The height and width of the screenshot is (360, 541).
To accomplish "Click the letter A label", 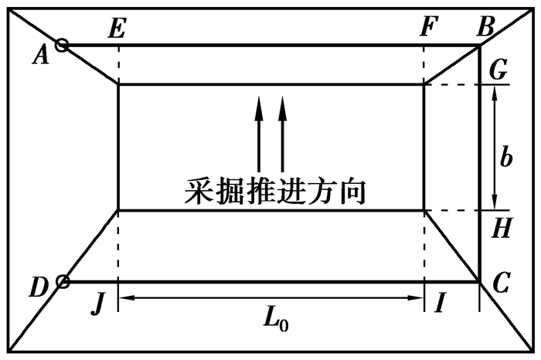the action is click(41, 56).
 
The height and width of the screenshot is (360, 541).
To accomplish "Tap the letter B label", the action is click(485, 26).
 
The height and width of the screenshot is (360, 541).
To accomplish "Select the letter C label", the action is click(501, 283).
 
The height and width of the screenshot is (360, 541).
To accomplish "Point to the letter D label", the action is click(39, 287).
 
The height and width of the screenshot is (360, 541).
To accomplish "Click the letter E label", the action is click(117, 28).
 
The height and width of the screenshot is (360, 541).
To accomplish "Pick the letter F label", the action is click(429, 26).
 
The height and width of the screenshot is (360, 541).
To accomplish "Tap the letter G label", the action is click(498, 70).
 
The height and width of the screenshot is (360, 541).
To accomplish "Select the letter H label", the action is click(502, 228).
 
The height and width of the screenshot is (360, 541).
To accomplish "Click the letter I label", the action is click(440, 302).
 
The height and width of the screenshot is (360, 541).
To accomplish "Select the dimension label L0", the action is click(276, 322).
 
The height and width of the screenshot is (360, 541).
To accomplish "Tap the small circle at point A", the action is click(62, 45).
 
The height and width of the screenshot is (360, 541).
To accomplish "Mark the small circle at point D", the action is click(63, 281).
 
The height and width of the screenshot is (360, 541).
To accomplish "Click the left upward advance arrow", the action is click(258, 134).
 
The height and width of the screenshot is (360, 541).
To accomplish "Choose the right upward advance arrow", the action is click(283, 134).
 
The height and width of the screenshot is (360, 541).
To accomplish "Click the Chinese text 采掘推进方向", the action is click(275, 192).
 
